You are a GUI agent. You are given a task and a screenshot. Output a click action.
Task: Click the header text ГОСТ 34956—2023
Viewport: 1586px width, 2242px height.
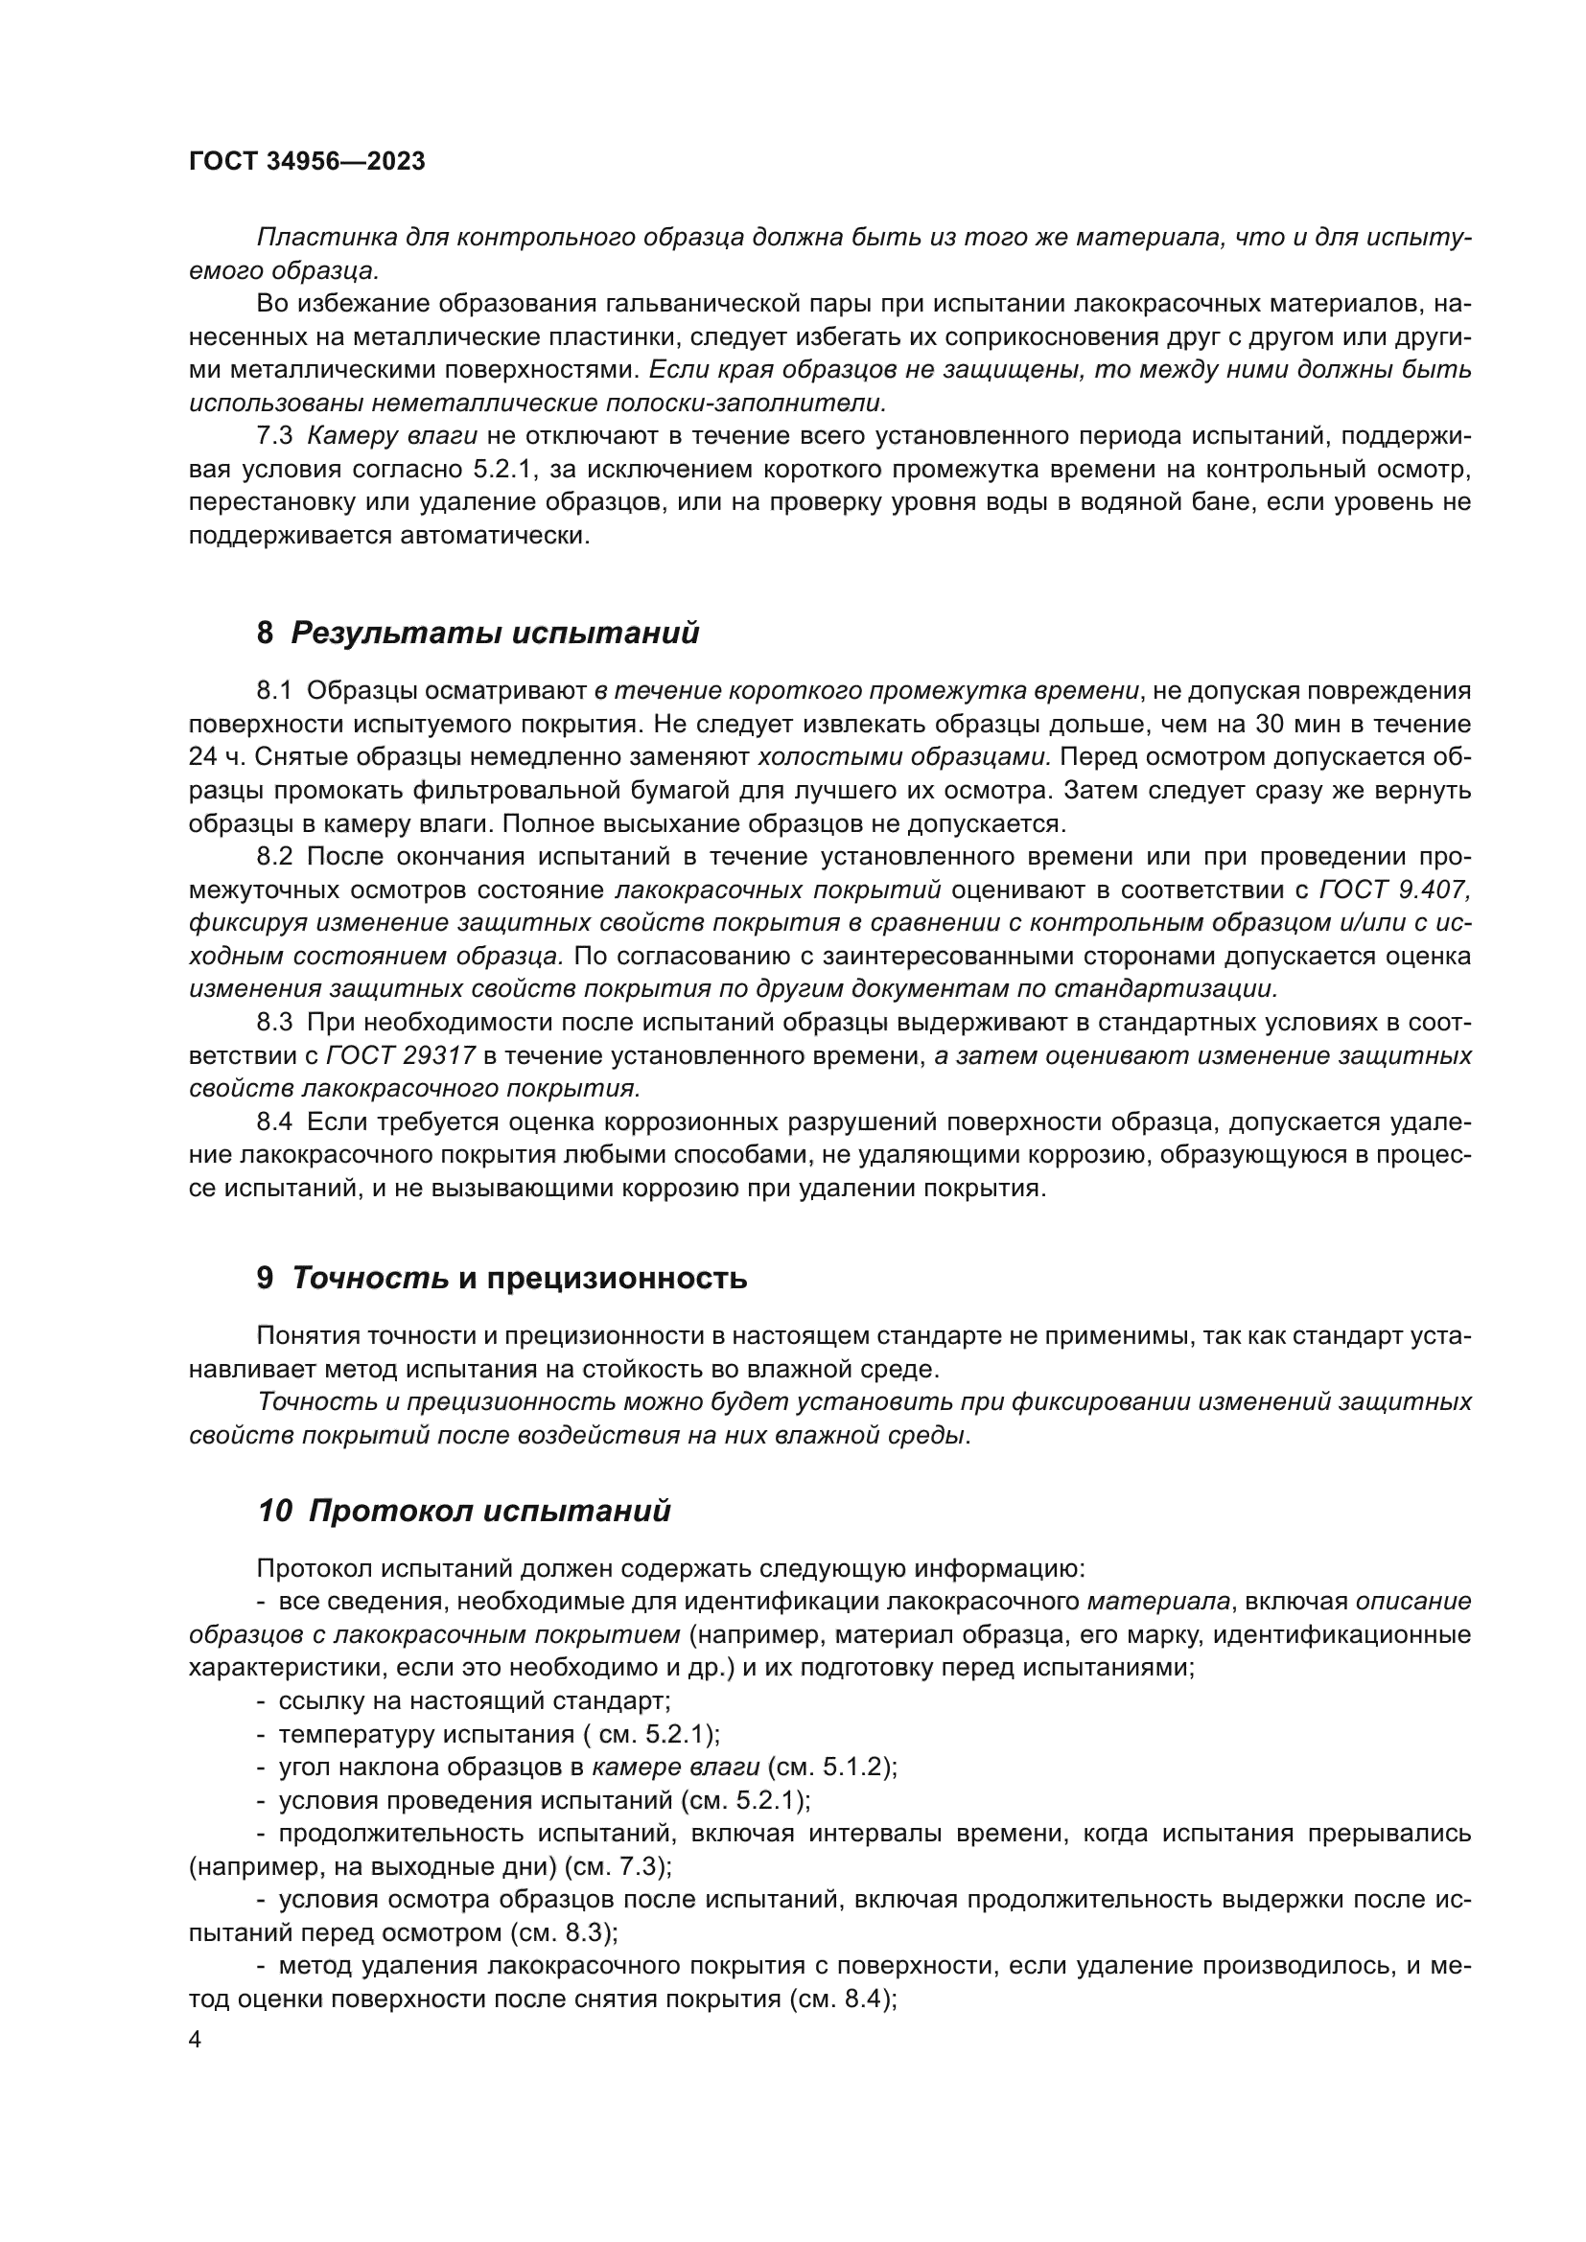click(307, 162)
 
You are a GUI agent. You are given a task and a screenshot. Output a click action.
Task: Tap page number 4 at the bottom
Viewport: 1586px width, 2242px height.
click(196, 2041)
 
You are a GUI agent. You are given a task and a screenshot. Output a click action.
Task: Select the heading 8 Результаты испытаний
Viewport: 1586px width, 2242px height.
click(478, 634)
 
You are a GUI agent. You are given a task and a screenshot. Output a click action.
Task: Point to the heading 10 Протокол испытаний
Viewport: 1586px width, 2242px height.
click(464, 1512)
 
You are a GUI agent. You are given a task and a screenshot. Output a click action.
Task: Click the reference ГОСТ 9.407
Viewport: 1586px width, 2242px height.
click(1394, 890)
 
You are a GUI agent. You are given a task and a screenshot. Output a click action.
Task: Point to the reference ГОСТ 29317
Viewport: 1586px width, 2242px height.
click(402, 1056)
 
